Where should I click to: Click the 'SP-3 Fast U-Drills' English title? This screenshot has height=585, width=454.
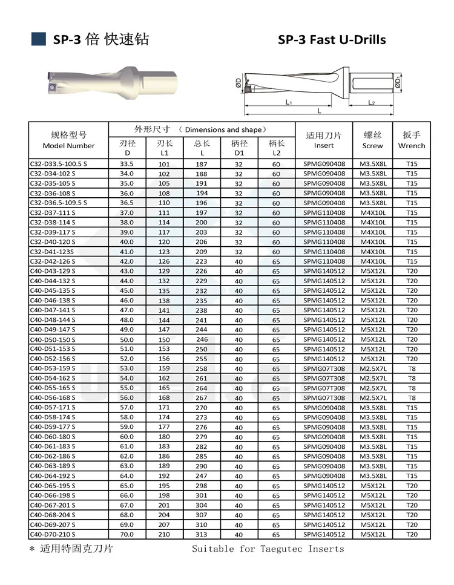[331, 40]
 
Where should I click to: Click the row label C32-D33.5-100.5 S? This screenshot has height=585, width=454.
[59, 164]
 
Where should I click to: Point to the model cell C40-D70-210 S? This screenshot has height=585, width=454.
[53, 534]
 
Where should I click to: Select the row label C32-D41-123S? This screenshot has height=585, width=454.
[53, 252]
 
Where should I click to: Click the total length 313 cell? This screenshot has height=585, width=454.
[201, 534]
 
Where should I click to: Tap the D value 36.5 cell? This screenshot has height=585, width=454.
[127, 203]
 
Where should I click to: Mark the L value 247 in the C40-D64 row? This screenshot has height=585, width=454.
[201, 476]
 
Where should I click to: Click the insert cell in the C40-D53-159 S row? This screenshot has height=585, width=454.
[324, 368]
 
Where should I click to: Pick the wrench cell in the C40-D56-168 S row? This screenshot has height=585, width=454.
[412, 397]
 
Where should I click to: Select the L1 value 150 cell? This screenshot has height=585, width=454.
[164, 339]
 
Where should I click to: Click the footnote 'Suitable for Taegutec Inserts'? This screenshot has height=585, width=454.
[268, 549]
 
